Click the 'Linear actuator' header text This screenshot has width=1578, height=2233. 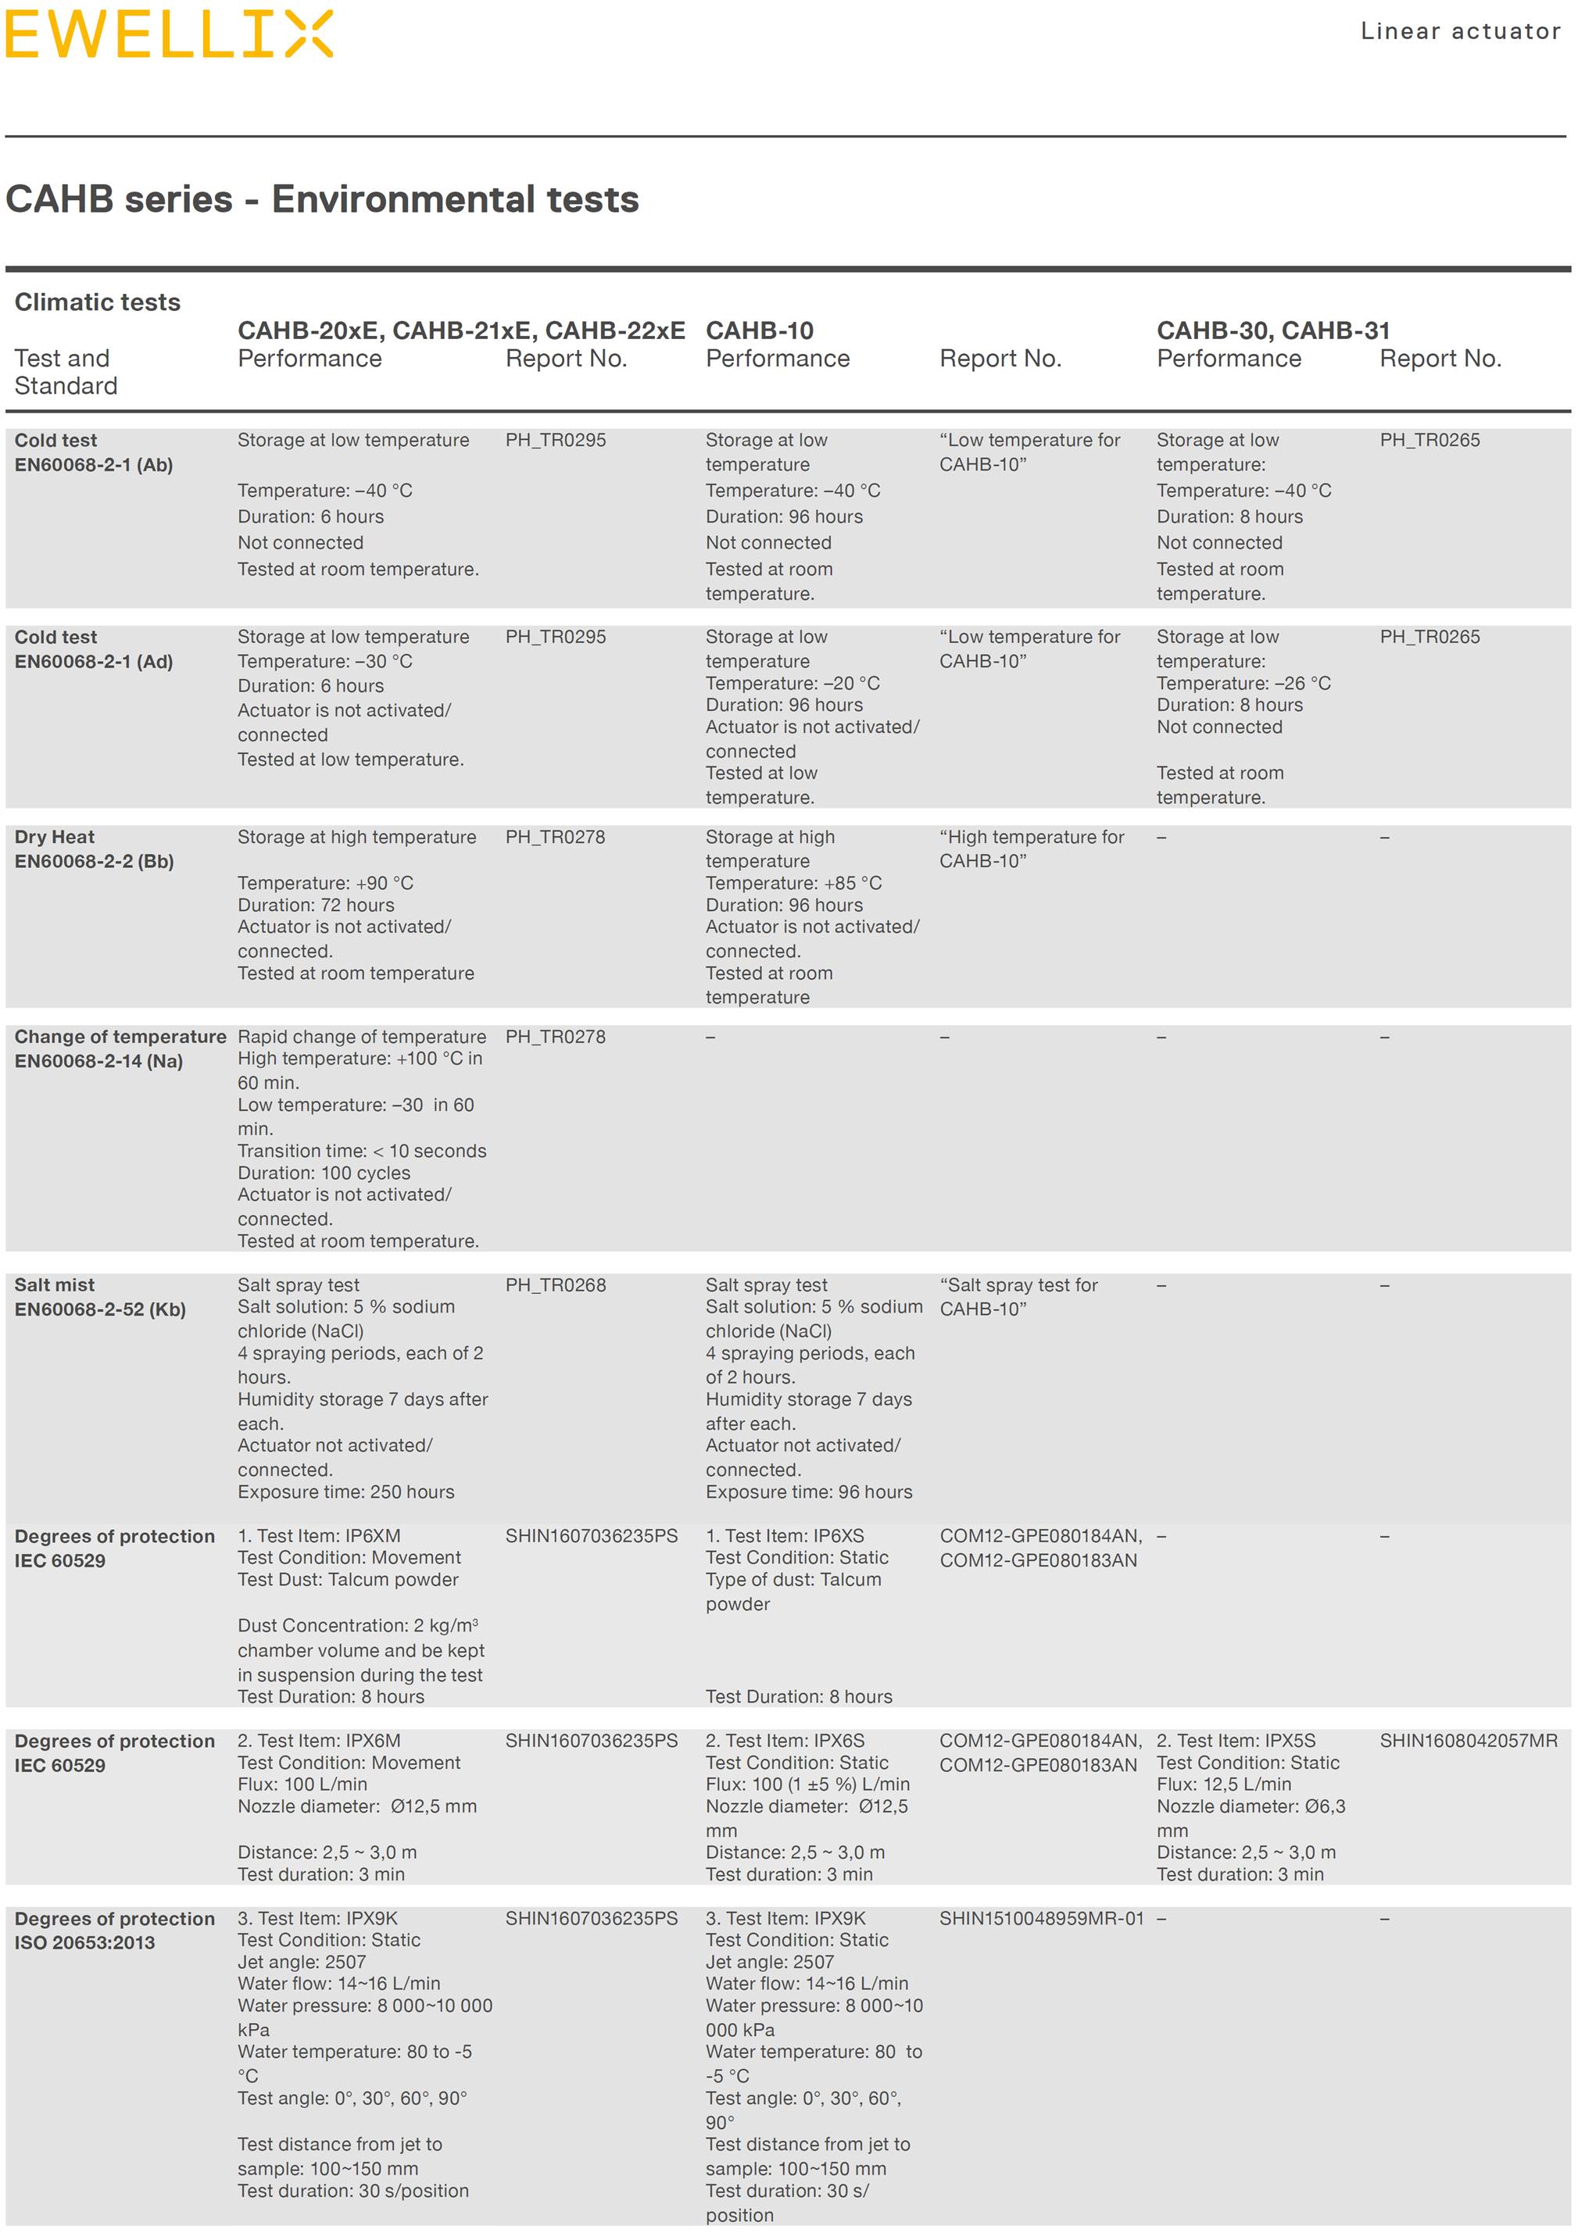point(1459,31)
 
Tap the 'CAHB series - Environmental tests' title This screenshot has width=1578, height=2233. point(322,199)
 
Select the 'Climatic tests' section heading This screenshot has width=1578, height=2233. point(97,302)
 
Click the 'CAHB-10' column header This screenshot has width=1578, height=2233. point(759,330)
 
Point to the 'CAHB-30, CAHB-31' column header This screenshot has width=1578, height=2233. point(1272,330)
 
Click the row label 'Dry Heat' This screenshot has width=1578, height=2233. point(55,837)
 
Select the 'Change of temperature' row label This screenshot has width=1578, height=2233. point(120,1037)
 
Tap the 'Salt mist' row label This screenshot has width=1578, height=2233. point(55,1284)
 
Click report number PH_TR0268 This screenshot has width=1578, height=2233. point(555,1284)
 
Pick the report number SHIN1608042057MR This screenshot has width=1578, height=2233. point(1468,1741)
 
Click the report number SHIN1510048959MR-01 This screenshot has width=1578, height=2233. point(1041,1919)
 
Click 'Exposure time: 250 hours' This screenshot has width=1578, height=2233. point(345,1492)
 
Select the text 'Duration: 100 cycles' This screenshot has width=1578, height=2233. point(324,1173)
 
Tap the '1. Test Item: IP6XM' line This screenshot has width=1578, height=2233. point(319,1535)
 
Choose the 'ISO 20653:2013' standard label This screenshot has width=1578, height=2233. point(84,1943)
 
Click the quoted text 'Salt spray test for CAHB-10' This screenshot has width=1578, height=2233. point(1018,1296)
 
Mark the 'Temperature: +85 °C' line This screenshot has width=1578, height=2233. point(793,883)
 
